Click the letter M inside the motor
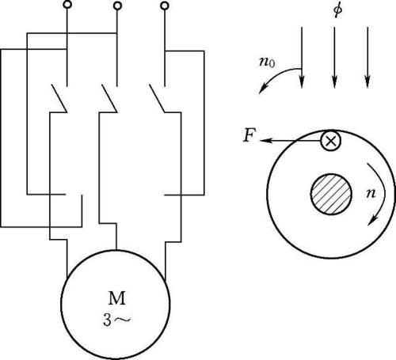(x=117, y=298)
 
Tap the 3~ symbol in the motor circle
(x=116, y=320)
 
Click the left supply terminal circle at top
(x=67, y=5)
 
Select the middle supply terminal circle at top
(x=117, y=6)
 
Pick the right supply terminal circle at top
(x=165, y=6)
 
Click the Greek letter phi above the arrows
(x=337, y=10)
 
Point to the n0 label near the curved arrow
(x=267, y=63)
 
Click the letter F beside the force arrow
(x=249, y=136)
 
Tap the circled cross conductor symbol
(x=330, y=141)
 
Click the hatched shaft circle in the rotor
(x=331, y=194)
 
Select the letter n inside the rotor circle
(x=371, y=193)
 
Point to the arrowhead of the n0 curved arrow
(x=262, y=89)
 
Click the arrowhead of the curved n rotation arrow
(x=372, y=221)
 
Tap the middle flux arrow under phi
(x=334, y=57)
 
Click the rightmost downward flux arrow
(x=367, y=57)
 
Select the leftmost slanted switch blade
(x=59, y=98)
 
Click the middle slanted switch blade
(x=109, y=98)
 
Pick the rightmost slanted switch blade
(x=158, y=98)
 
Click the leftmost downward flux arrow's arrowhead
(x=302, y=81)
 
